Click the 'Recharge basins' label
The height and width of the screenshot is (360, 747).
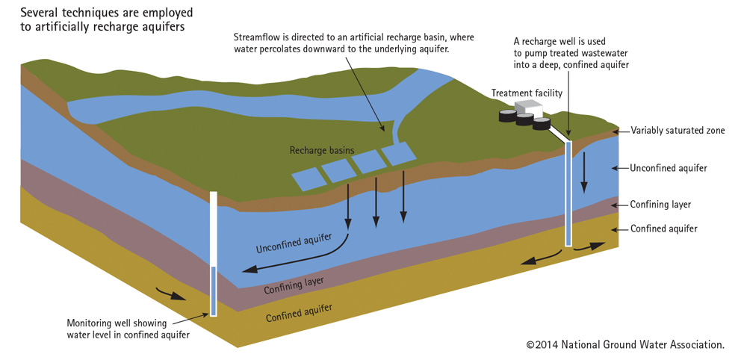[x=322, y=150]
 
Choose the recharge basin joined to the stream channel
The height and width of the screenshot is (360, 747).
[x=400, y=153]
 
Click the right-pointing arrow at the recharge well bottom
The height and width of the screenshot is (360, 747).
[x=589, y=247]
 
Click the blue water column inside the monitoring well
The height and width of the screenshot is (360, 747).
[x=214, y=291]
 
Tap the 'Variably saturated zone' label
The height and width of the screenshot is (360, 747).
[x=678, y=131]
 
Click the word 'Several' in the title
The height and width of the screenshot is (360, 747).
[x=36, y=11]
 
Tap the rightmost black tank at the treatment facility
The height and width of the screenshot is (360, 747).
[x=541, y=125]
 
